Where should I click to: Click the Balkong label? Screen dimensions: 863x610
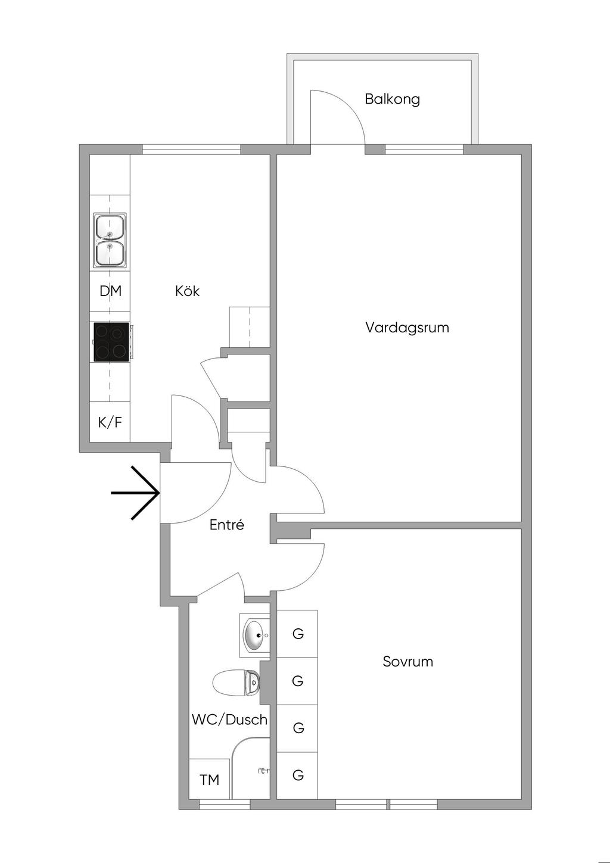(392, 99)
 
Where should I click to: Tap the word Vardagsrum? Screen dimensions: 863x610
(407, 328)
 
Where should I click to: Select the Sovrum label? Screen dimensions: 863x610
(407, 662)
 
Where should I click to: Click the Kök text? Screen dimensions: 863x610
(187, 291)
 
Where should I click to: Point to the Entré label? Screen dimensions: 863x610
(227, 525)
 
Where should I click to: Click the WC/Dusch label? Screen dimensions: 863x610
(229, 719)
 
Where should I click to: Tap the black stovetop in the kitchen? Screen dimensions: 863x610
(111, 342)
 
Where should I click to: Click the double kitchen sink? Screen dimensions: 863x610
(110, 240)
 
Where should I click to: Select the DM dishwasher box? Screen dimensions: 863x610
(110, 291)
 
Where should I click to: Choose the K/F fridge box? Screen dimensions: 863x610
(110, 422)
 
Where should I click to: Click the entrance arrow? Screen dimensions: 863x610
(137, 493)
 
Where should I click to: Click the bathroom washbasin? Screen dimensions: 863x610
(256, 636)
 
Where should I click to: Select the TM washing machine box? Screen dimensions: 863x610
(209, 780)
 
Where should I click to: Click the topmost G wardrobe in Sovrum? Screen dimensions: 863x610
(298, 634)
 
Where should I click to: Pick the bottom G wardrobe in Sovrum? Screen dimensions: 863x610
(298, 775)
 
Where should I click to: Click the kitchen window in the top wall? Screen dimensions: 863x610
(191, 149)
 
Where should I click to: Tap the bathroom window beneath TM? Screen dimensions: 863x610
(224, 805)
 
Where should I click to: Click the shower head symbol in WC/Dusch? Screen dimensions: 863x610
(263, 771)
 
